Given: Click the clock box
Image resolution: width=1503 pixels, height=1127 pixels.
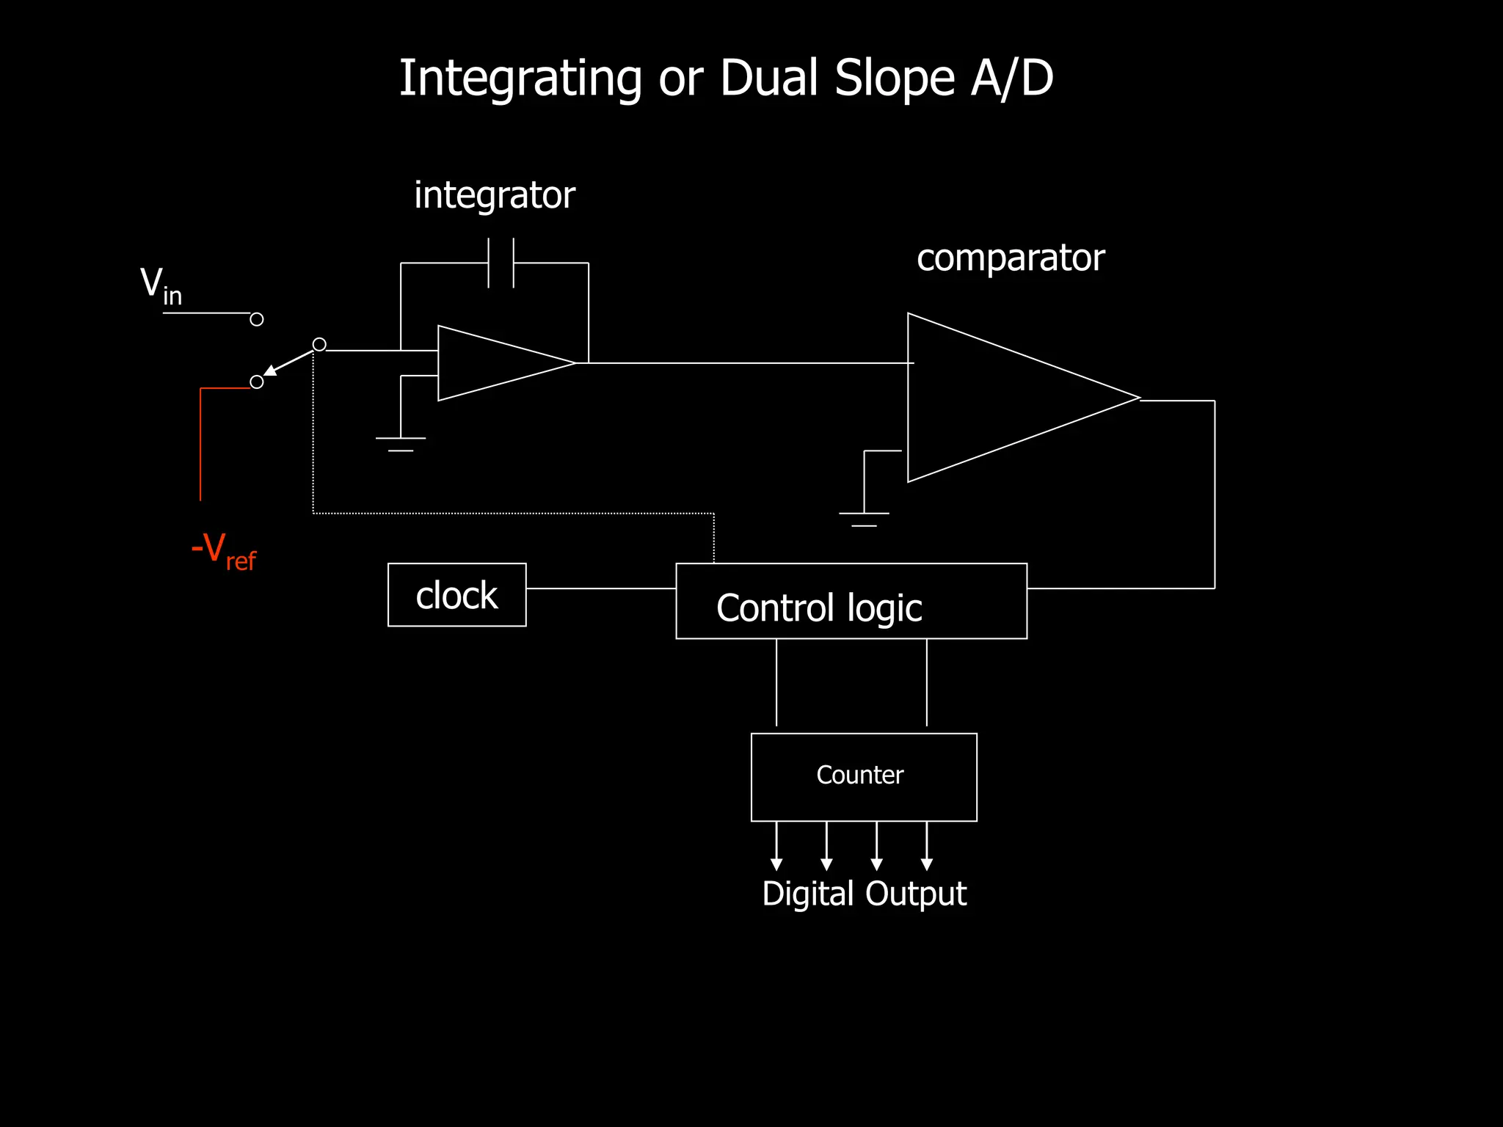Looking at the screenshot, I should [456, 594].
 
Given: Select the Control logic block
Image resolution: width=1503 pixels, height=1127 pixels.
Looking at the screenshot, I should [851, 602].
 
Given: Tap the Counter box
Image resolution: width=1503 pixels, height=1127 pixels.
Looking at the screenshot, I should [864, 776].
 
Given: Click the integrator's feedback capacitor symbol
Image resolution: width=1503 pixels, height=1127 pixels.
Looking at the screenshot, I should [501, 263].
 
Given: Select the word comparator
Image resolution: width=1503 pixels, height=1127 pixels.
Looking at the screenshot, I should [1010, 258].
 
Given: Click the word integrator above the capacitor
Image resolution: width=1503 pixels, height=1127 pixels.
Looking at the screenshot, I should [494, 196].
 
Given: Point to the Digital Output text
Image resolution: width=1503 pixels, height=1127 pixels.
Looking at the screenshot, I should [864, 894].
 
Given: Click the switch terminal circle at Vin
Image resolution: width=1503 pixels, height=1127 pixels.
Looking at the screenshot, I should [257, 319].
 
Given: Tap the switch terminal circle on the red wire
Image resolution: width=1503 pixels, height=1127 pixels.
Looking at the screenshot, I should [257, 382].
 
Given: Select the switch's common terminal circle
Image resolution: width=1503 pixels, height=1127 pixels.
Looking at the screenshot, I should [319, 344].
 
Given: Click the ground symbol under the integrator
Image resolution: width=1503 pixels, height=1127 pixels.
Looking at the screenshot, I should [401, 443].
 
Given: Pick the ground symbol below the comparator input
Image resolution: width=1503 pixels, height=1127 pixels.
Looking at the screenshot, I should [864, 518].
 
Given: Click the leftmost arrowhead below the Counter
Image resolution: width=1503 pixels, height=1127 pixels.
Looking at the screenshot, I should [776, 864].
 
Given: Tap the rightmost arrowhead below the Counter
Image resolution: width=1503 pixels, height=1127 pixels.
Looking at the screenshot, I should [927, 864].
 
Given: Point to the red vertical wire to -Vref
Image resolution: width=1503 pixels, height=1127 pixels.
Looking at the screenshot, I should [200, 448].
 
